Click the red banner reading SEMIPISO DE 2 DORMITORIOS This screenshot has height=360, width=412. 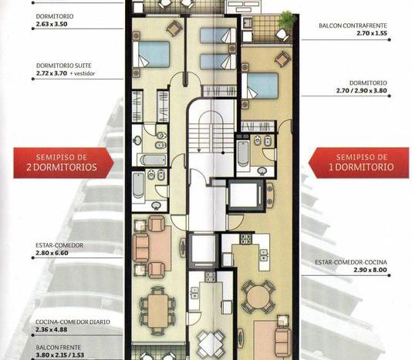[63, 163]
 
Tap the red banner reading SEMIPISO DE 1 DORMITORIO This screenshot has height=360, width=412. [359, 163]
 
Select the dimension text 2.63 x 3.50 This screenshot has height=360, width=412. [52, 24]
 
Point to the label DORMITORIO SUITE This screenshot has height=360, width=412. [64, 66]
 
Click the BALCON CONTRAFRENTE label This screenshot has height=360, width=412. [353, 25]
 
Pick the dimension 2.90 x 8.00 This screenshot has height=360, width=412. [370, 270]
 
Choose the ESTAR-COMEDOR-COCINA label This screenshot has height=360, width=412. [351, 262]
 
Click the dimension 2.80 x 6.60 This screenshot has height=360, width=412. [52, 253]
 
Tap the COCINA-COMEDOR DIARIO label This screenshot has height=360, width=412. [73, 322]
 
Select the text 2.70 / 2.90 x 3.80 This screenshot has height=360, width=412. [362, 91]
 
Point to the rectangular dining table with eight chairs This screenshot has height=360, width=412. [158, 311]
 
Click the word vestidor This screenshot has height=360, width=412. [84, 74]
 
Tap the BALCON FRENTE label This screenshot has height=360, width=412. [59, 348]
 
